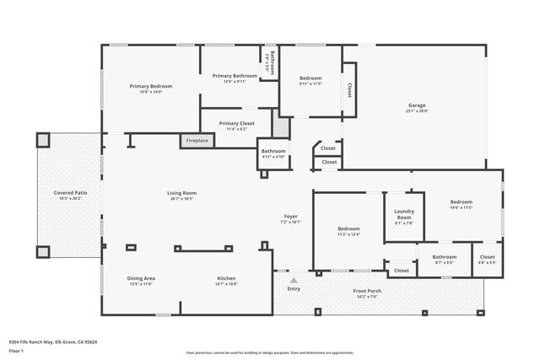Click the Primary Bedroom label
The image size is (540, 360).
click(x=151, y=86)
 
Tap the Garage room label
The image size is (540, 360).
click(x=417, y=105)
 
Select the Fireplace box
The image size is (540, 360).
click(x=197, y=141)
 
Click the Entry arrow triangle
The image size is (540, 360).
click(x=294, y=280)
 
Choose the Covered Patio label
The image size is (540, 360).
click(x=70, y=193)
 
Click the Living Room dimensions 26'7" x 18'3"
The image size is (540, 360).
click(x=181, y=199)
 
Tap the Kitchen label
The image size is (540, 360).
click(x=226, y=278)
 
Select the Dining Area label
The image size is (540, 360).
click(x=141, y=278)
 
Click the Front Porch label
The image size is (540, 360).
click(x=367, y=291)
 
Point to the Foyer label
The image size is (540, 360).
click(x=290, y=217)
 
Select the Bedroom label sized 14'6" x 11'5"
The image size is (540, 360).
click(x=461, y=201)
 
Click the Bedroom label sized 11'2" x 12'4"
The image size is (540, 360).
click(x=349, y=228)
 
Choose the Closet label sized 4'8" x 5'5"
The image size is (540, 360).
click(x=487, y=256)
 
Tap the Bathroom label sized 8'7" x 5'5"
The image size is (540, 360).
click(x=445, y=256)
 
